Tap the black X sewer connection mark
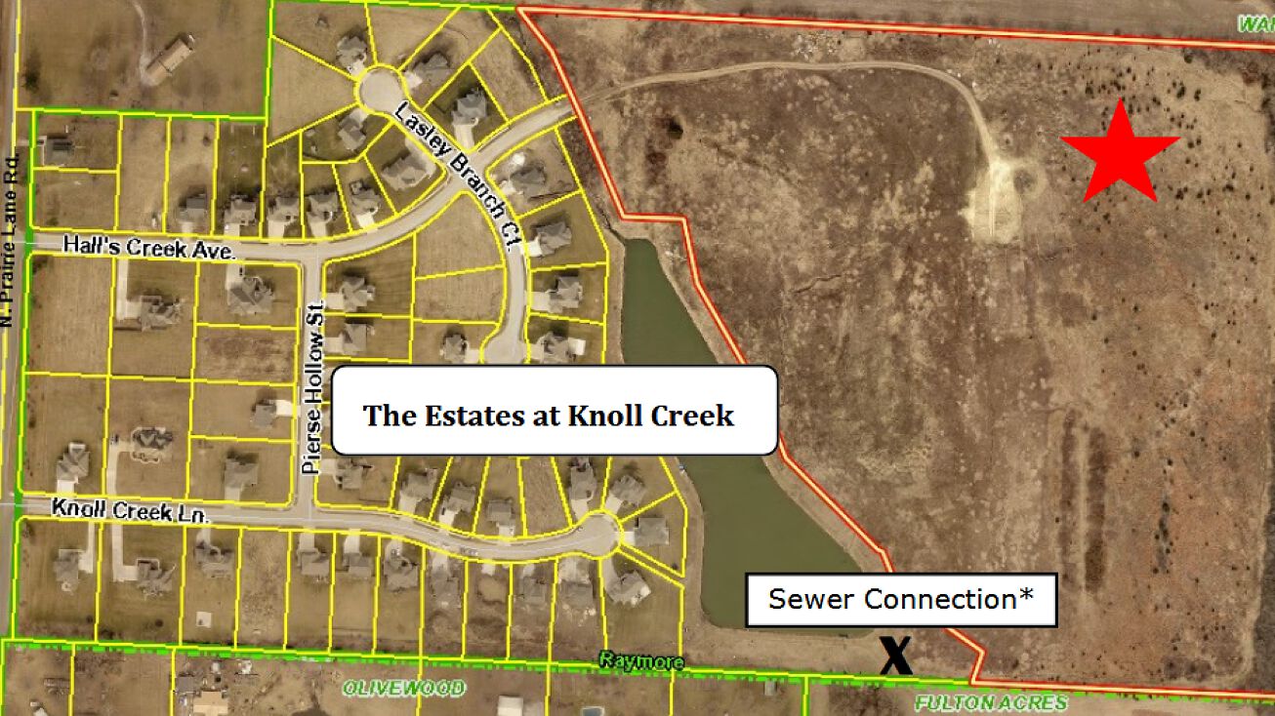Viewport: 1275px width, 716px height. click(x=895, y=656)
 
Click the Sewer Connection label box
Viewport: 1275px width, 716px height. click(x=901, y=599)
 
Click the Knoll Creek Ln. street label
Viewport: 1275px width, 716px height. click(x=131, y=510)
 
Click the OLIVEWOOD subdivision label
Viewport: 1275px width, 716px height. click(x=404, y=688)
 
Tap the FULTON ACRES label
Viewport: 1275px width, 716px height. click(x=990, y=702)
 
